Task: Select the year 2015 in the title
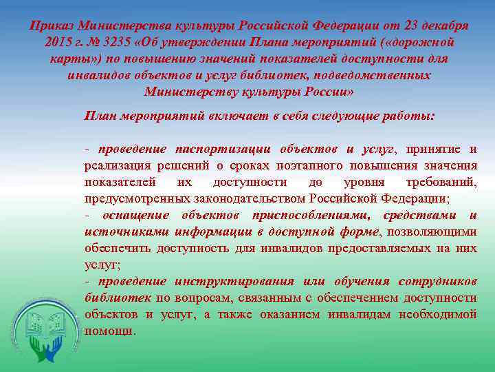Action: click(x=54, y=42)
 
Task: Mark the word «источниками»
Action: click(x=127, y=231)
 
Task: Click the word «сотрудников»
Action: click(x=435, y=281)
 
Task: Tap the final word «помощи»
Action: click(x=109, y=331)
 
